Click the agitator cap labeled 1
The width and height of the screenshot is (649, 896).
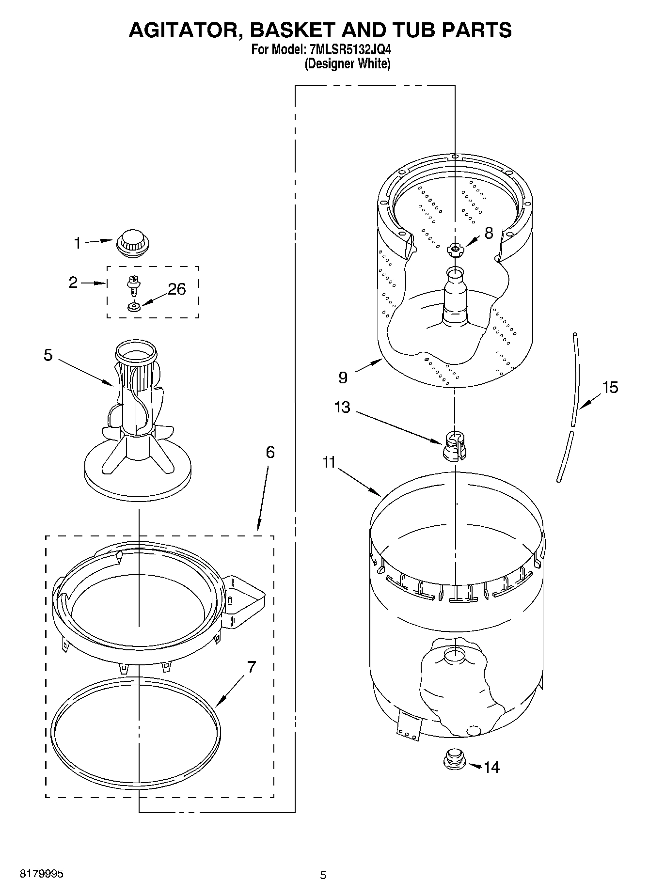click(132, 242)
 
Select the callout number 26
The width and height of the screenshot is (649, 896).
click(176, 289)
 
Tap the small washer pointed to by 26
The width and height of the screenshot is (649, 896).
click(134, 307)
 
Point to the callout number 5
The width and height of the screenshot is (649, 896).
click(48, 355)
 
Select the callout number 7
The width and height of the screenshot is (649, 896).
click(251, 667)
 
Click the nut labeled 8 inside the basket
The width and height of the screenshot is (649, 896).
click(455, 249)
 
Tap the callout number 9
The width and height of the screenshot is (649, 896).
click(343, 377)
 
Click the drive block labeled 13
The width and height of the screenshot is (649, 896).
click(455, 445)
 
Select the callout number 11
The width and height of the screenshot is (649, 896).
click(329, 463)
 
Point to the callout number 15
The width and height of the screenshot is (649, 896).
click(610, 387)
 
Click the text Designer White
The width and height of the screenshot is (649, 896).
click(347, 63)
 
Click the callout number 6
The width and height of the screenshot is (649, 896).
click(270, 452)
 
